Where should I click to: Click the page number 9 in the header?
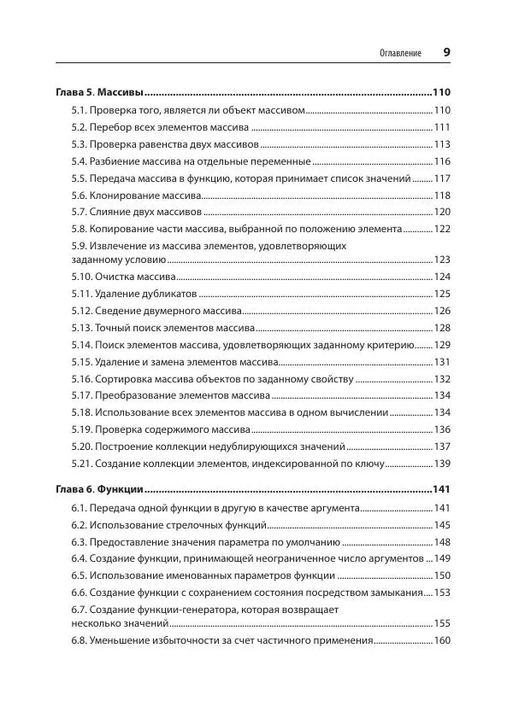[446, 52]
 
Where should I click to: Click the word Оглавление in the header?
[400, 53]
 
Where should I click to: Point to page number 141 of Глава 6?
[441, 490]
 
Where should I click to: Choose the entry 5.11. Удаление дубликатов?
[129, 294]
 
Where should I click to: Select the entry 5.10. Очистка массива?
[124, 277]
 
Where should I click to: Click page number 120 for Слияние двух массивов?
[442, 212]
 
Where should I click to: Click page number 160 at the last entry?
[442, 641]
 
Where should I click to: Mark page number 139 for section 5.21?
[442, 464]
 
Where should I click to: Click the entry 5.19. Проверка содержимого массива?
[161, 429]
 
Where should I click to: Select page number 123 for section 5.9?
[442, 260]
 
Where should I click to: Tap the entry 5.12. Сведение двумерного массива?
[157, 311]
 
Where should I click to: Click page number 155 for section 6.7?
[442, 624]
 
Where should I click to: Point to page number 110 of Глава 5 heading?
[441, 92]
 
